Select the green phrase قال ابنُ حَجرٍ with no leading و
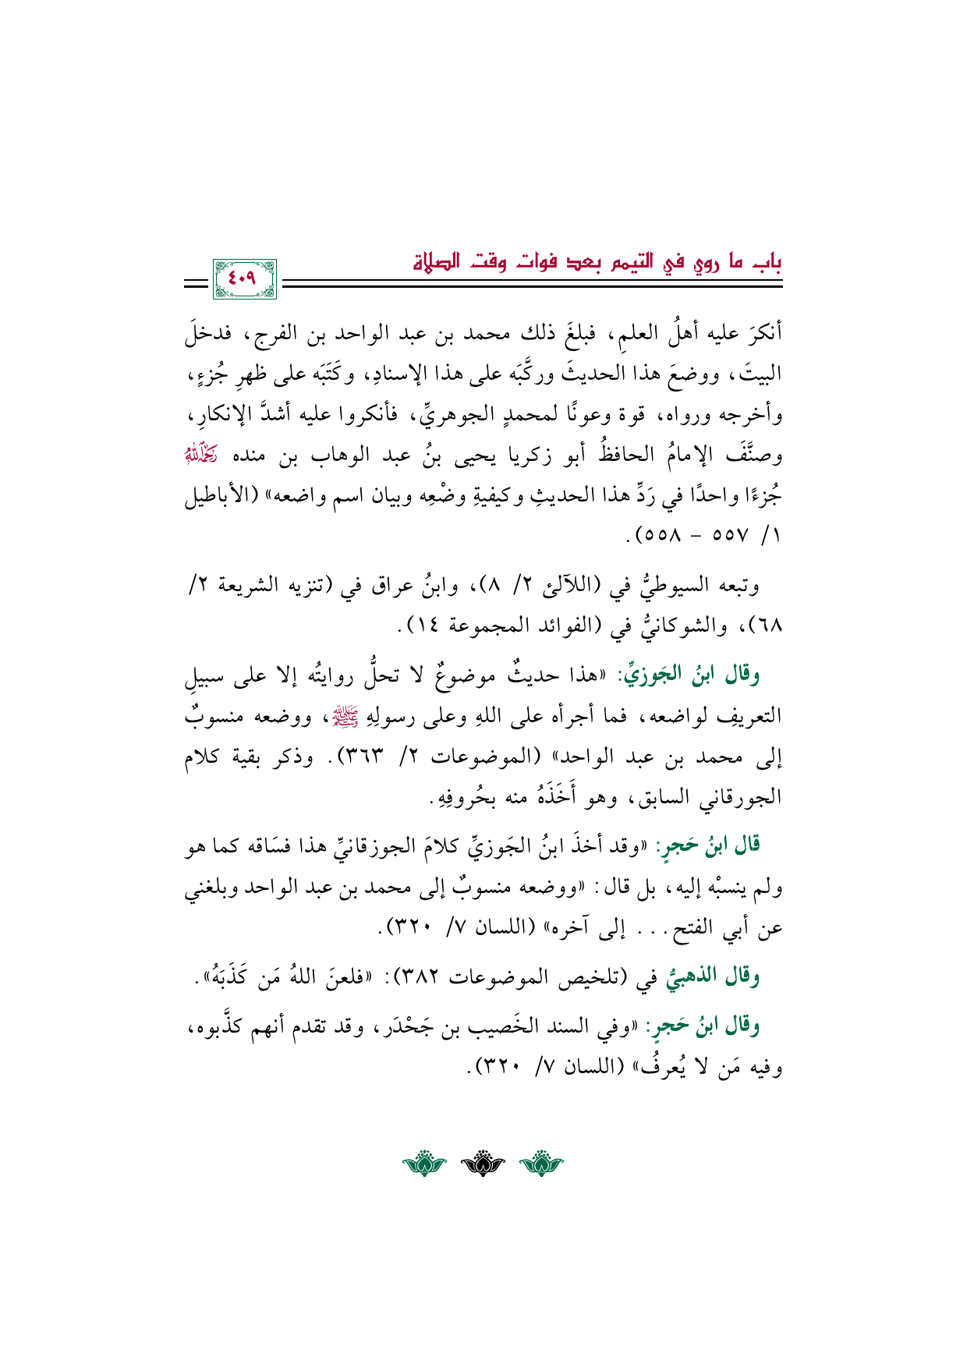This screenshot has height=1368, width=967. [707, 845]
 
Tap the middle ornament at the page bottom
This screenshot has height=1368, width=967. [483, 1165]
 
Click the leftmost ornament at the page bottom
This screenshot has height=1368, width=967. [424, 1165]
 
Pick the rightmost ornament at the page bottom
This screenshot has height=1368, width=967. [541, 1165]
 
